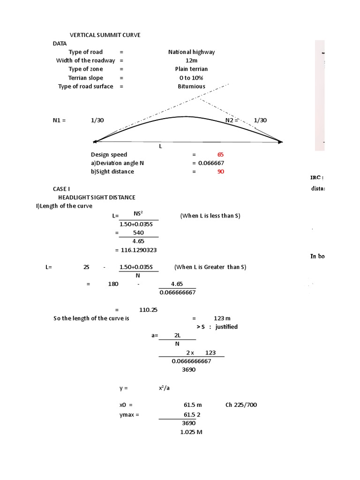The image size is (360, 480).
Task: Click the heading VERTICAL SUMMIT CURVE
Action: [x=105, y=35]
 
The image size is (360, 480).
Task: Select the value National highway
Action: [x=191, y=52]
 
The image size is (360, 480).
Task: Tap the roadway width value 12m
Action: [x=192, y=60]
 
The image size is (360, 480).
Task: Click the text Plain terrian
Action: [x=191, y=69]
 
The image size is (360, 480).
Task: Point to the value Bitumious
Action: [x=191, y=86]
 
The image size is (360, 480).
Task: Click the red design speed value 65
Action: [x=220, y=154]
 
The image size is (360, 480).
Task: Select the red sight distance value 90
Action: [x=220, y=172]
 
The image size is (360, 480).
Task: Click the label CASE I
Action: [x=61, y=188]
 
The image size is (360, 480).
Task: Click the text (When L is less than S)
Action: [x=210, y=216]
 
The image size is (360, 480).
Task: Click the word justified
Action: [x=226, y=327]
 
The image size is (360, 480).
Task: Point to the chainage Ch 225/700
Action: [x=241, y=405]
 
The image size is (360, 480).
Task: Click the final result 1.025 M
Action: [x=191, y=432]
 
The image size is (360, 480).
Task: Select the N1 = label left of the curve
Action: [x=60, y=120]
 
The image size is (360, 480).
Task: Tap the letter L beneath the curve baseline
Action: [x=160, y=147]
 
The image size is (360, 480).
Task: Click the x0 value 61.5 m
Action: [x=193, y=405]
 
